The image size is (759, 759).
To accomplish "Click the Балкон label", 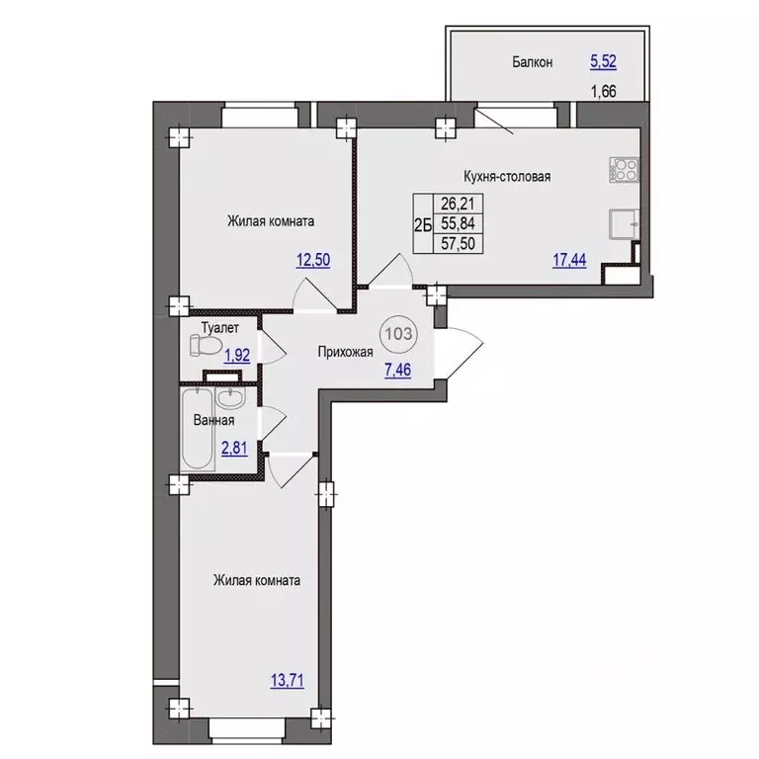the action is click(533, 62).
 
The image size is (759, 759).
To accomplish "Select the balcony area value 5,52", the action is click(603, 61).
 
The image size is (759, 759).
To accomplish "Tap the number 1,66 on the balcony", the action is click(604, 91).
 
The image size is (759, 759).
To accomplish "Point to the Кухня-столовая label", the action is click(507, 176).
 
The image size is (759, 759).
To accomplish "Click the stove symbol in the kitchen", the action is click(625, 170).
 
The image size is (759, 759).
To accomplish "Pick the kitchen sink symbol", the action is click(624, 223).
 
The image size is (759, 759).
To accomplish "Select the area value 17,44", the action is click(569, 260).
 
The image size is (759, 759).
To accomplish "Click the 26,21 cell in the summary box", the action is click(458, 204).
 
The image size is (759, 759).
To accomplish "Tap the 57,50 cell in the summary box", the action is click(458, 243).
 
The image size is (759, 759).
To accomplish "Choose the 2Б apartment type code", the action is click(423, 224).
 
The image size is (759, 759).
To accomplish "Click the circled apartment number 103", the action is click(399, 333).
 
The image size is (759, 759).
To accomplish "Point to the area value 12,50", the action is click(313, 260).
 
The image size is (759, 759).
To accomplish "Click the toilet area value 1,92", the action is click(237, 356).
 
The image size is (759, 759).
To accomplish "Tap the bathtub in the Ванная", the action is click(198, 428).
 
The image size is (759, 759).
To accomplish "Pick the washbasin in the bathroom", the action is click(231, 398).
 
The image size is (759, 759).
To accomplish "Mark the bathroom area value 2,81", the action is click(234, 449).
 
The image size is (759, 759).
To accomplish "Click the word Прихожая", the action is click(345, 352).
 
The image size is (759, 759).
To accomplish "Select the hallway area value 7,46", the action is click(397, 371).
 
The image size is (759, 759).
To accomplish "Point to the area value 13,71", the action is click(288, 681).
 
